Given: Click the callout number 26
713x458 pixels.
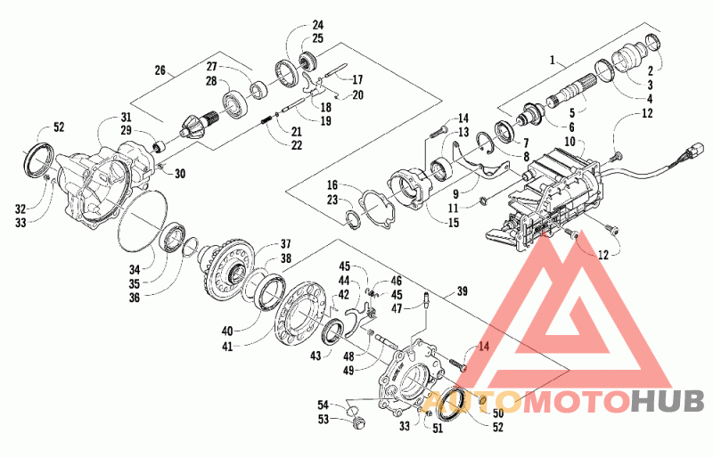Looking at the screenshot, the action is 160,70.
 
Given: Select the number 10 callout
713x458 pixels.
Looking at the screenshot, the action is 570,142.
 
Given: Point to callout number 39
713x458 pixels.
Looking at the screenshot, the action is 462,290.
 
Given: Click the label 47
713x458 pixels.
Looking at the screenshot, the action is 397,309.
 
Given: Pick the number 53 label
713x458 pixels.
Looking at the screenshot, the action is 324,419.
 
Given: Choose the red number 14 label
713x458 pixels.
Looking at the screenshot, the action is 484,347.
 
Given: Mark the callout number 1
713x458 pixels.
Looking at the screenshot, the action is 553,60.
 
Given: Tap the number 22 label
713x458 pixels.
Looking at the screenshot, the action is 297,145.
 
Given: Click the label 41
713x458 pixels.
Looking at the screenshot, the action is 227,347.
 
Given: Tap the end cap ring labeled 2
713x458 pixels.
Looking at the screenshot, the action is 653,42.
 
